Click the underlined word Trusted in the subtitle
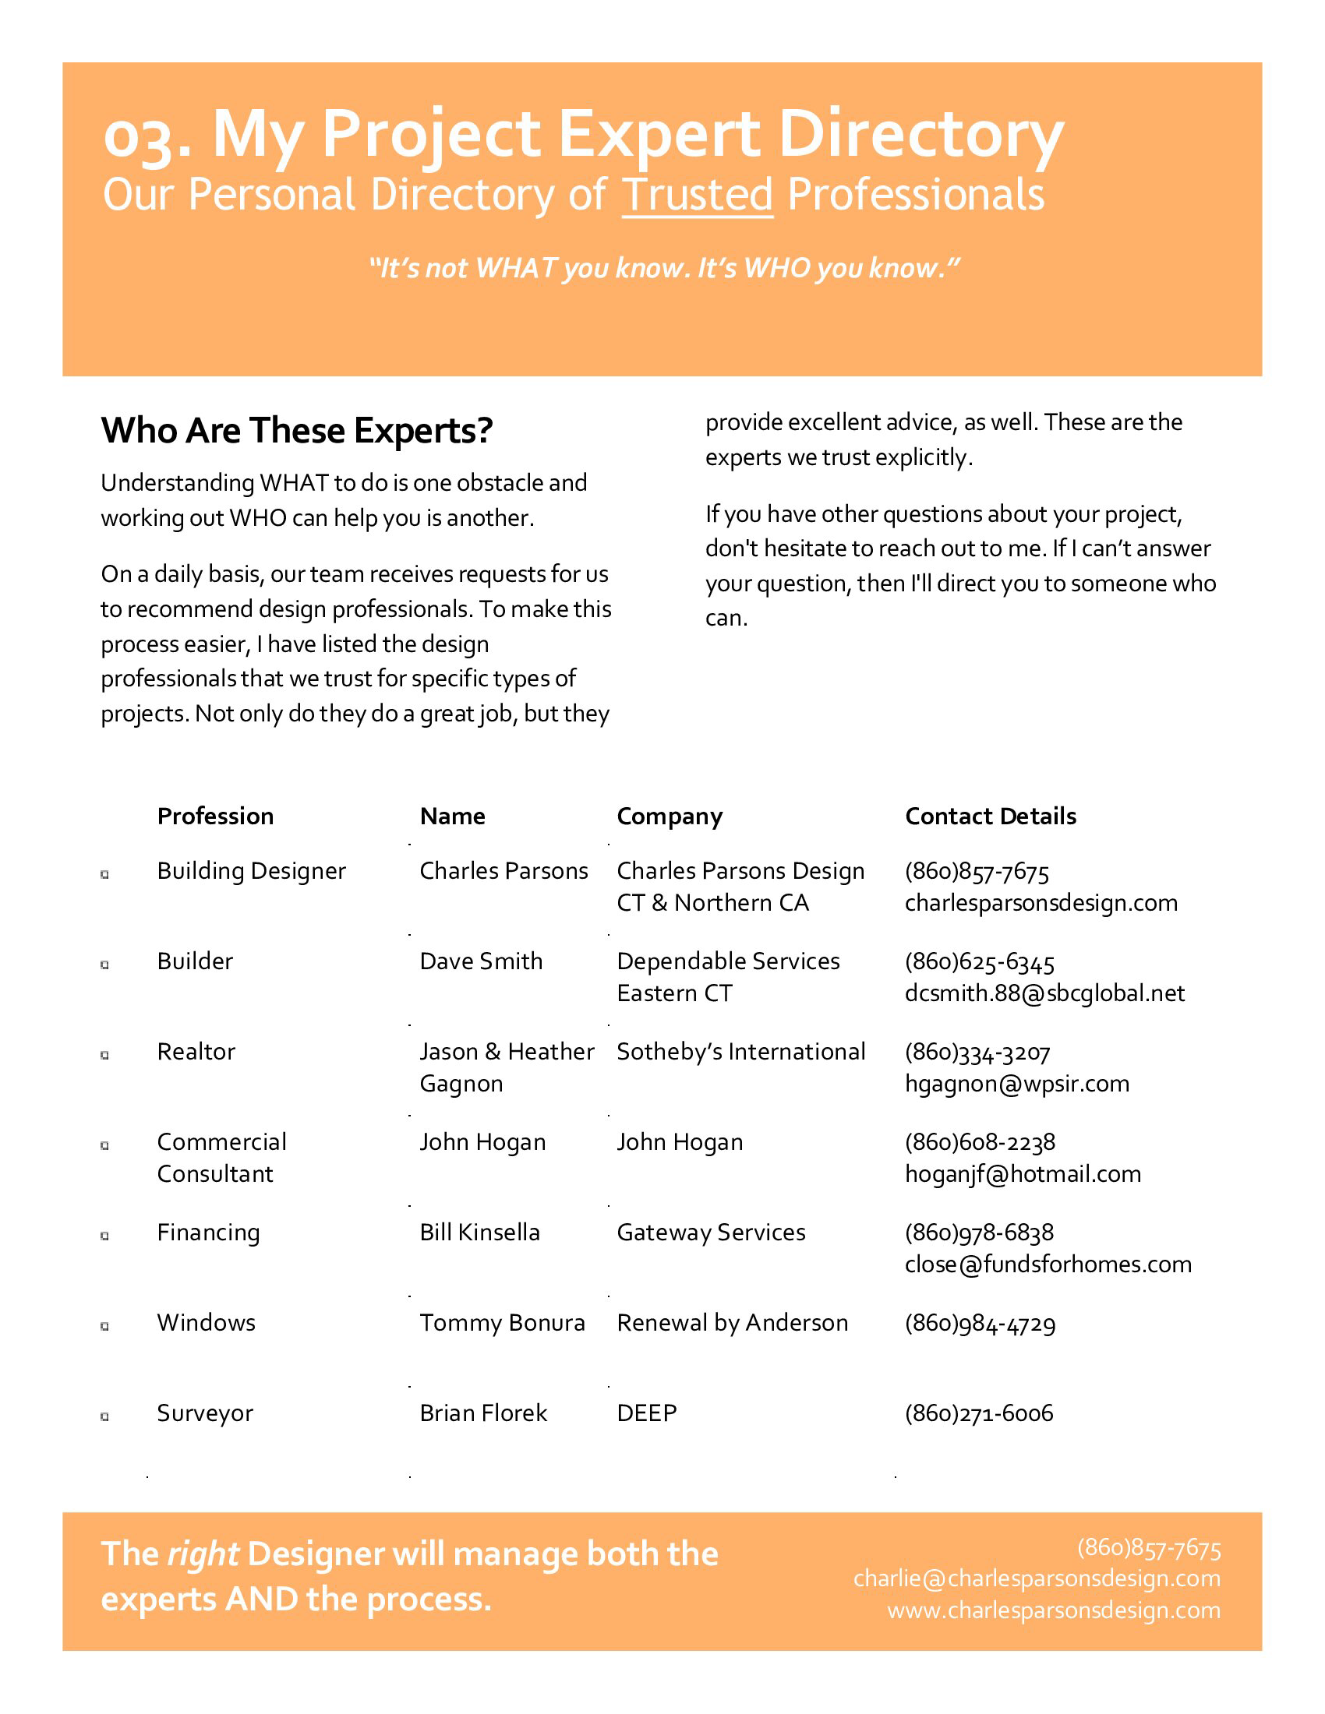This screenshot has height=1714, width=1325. [x=697, y=195]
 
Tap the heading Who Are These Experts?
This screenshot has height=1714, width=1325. [x=297, y=430]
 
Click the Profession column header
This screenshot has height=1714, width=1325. [x=215, y=816]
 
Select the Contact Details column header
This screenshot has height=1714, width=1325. [x=990, y=816]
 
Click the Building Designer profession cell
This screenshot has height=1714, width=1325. [x=251, y=871]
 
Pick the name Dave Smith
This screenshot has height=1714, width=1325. [x=480, y=961]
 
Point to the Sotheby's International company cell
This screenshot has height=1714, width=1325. [x=740, y=1052]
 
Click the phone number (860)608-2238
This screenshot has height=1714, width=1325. [x=979, y=1143]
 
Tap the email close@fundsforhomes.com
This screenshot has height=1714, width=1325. [x=1047, y=1264]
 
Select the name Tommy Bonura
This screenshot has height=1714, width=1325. [x=502, y=1323]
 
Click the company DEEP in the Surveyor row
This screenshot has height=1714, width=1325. [x=646, y=1413]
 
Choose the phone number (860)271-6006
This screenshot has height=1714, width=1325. [x=978, y=1413]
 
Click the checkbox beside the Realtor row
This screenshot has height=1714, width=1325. [x=104, y=1056]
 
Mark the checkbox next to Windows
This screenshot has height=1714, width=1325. [x=104, y=1326]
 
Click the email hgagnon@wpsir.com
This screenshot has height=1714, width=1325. [x=1016, y=1084]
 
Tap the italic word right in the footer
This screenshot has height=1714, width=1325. [x=203, y=1555]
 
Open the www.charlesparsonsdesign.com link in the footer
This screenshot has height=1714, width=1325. [x=1054, y=1610]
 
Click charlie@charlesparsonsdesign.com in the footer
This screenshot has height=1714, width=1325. [x=1036, y=1578]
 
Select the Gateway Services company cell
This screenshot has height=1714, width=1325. [x=710, y=1233]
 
